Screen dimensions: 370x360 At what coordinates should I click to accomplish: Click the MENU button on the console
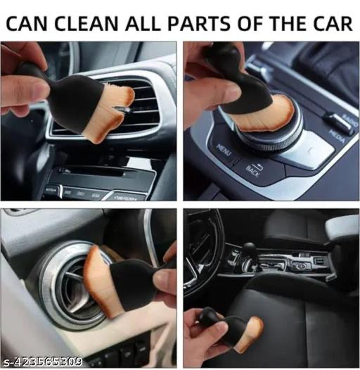tap(224, 148)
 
